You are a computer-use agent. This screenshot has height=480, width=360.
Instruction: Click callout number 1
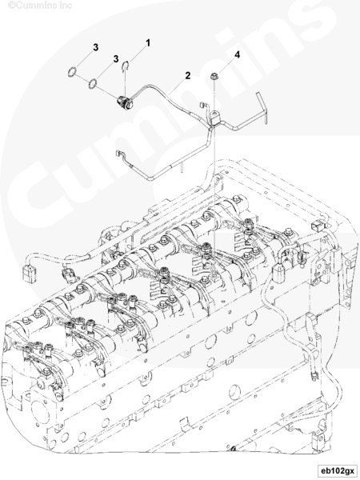(x=148, y=43)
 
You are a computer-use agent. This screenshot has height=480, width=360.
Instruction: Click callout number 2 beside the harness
(x=188, y=75)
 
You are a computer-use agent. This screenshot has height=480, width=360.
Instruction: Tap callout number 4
(x=237, y=54)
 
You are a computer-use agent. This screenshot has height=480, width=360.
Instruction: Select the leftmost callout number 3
(x=96, y=47)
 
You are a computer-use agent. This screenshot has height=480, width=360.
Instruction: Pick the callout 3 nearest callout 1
(x=116, y=58)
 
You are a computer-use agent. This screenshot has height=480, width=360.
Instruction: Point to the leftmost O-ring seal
(x=72, y=72)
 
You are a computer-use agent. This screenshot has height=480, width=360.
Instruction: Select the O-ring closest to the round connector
(x=93, y=83)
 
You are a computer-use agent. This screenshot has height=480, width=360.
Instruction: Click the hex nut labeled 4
(x=214, y=76)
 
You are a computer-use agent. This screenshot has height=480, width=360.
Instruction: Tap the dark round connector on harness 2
(x=125, y=102)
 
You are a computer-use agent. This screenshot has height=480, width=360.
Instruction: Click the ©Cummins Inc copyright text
(x=40, y=6)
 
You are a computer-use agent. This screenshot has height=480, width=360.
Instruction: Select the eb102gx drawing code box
(x=337, y=470)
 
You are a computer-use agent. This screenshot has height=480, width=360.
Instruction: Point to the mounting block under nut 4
(x=218, y=118)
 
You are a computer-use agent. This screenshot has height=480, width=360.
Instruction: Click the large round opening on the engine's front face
(x=39, y=414)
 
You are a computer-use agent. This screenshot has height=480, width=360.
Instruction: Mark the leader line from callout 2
(x=177, y=86)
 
